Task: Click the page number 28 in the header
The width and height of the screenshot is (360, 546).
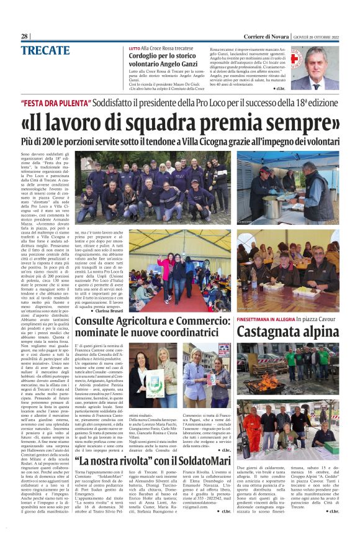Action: [24, 36]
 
